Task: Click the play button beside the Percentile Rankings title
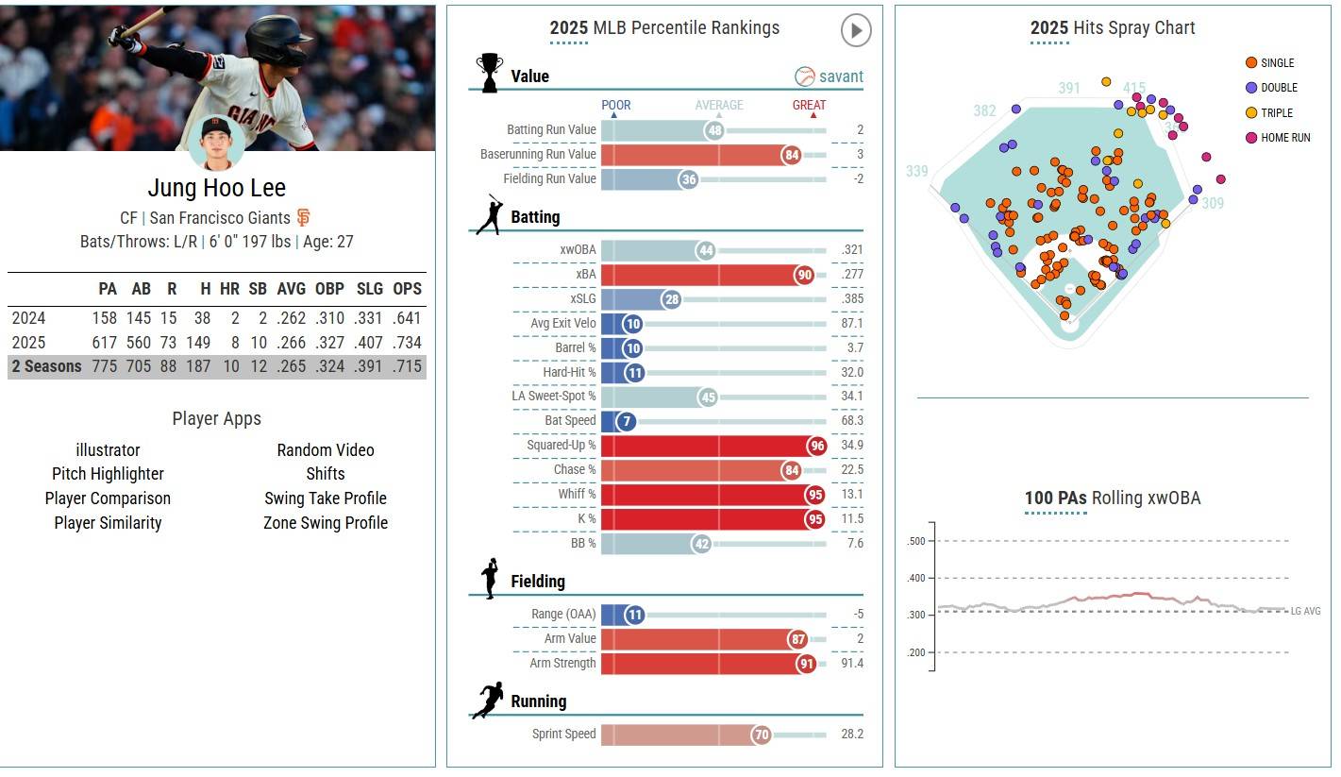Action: tap(855, 30)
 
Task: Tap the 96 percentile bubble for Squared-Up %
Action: tap(816, 446)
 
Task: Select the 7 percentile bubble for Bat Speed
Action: tap(611, 421)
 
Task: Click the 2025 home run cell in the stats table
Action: tap(229, 343)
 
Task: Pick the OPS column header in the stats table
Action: tap(408, 289)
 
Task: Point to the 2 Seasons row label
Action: tap(47, 366)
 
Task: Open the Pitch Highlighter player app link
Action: tap(108, 474)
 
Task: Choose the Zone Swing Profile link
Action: tap(326, 523)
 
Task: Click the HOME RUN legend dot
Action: tap(1251, 138)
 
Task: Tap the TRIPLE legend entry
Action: tap(1277, 112)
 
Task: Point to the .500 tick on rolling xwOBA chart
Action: tap(915, 541)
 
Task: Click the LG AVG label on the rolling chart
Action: tap(1305, 612)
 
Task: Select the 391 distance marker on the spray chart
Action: tap(1069, 88)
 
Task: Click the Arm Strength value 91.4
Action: tap(852, 664)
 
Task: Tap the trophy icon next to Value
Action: tap(489, 73)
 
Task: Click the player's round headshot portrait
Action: tap(216, 141)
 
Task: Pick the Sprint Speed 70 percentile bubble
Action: tap(762, 735)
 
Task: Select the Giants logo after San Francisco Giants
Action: tap(304, 217)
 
